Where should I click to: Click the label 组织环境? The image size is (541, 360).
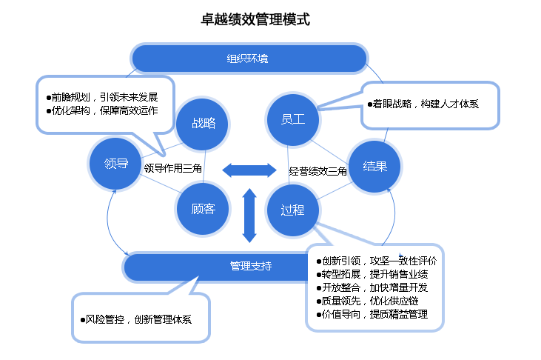(247, 59)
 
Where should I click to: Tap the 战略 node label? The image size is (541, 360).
(204, 123)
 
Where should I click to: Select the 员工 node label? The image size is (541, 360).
(293, 119)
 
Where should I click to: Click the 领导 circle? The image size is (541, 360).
(116, 164)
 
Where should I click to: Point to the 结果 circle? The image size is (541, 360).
(375, 166)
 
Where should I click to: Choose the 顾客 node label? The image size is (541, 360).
(203, 210)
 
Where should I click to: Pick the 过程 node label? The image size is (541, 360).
(292, 210)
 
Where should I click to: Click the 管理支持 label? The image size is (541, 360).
(251, 266)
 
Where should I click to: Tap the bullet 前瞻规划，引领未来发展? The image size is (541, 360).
(101, 97)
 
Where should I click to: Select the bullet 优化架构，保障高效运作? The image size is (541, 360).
(101, 111)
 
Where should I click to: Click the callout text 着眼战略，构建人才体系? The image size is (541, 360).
(423, 104)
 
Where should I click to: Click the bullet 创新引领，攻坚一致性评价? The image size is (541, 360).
(376, 261)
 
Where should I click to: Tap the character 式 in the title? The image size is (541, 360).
(303, 20)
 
